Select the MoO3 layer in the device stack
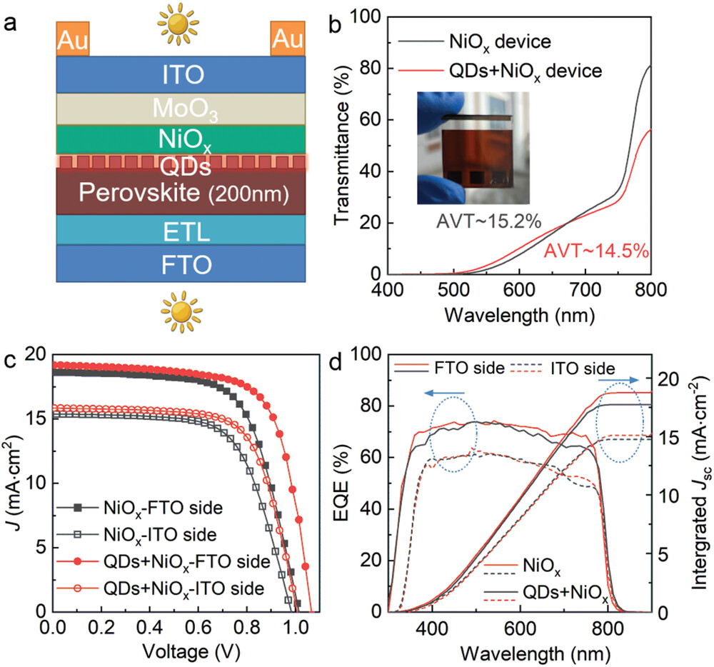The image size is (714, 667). (181, 109)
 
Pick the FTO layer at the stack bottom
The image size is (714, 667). (181, 265)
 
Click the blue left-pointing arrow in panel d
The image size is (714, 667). (443, 392)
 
